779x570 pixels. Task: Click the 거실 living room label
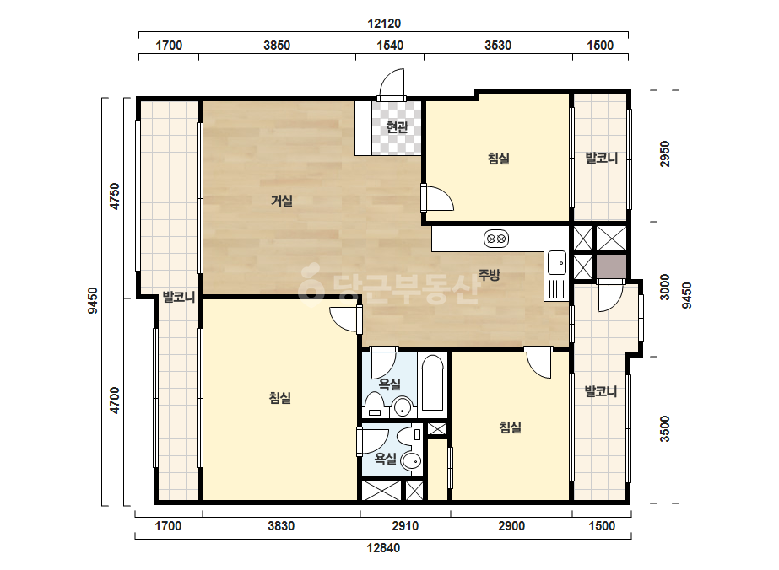tap(282, 201)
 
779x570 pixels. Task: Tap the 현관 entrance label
tap(397, 127)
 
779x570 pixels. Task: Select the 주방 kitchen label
tap(490, 275)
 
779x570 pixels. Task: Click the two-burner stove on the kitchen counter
tap(495, 239)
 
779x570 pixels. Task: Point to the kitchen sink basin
tap(557, 263)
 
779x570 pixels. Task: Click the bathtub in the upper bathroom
tap(432, 384)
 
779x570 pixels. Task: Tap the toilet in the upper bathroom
tap(373, 404)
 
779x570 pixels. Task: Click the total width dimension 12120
tap(384, 24)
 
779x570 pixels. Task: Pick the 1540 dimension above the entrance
tap(390, 46)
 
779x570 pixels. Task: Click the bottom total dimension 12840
tap(383, 548)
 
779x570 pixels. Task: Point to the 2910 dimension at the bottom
tap(405, 526)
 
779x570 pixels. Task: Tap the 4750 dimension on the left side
tap(115, 196)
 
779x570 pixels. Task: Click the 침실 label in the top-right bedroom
tap(498, 159)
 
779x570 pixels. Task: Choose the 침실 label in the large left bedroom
tap(279, 398)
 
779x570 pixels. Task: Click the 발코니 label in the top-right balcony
tap(602, 159)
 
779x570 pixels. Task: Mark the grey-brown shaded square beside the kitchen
tap(611, 267)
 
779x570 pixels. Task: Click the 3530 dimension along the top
tap(498, 46)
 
